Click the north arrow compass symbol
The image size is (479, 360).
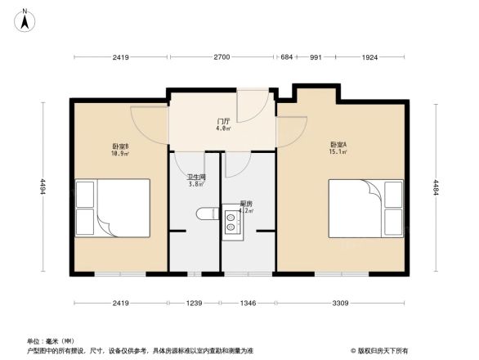[x=25, y=19]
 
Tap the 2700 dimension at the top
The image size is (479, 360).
[x=222, y=57]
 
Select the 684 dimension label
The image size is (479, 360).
[x=286, y=57]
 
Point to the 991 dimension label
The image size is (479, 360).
[x=316, y=57]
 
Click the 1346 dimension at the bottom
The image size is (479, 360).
[x=248, y=304]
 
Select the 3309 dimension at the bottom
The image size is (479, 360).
[x=340, y=304]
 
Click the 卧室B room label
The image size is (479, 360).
[x=121, y=146]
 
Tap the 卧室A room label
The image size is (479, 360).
[x=338, y=145]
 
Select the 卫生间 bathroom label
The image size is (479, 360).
[x=196, y=177]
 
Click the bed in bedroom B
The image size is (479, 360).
[x=112, y=209]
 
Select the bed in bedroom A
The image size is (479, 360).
[x=365, y=209]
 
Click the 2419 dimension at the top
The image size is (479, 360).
[x=121, y=57]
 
